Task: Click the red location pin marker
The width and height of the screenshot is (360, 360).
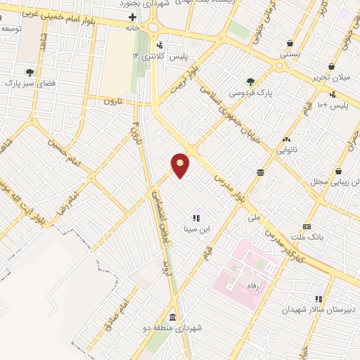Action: [181, 165]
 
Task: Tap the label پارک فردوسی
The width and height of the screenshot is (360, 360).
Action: [254, 92]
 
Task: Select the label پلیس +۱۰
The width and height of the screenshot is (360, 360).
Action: [332, 105]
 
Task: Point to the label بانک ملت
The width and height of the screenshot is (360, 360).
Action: [310, 238]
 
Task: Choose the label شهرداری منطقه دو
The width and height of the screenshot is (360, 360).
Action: [173, 328]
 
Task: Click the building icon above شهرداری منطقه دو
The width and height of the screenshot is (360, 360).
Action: [173, 317]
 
